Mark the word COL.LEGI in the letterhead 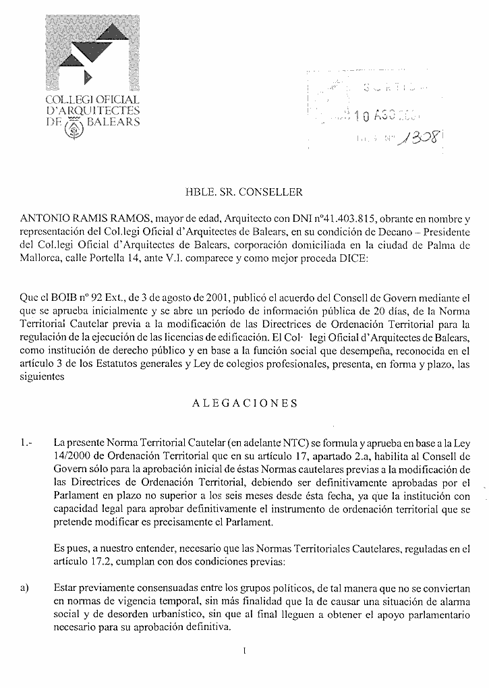click(x=68, y=101)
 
